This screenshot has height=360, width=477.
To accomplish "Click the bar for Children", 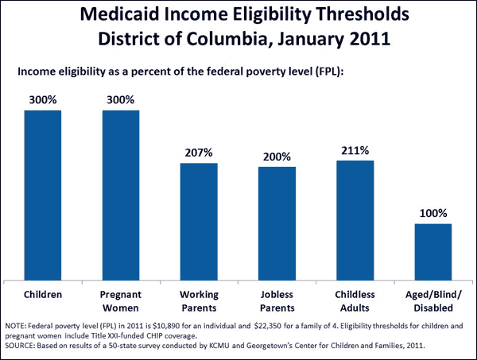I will click(43, 195).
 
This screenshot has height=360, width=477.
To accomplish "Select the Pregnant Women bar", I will click(121, 195).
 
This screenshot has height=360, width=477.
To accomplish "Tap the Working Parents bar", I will click(199, 221).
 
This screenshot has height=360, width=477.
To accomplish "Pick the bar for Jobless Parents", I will click(277, 223).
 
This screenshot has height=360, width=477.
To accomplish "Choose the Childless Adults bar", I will click(355, 220).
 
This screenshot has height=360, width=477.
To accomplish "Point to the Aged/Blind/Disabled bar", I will click(432, 251).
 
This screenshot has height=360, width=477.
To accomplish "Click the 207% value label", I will click(199, 152).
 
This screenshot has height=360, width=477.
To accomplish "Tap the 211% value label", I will click(355, 149).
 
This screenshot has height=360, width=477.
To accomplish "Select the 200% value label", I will click(277, 156).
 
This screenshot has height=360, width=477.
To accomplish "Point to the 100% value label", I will click(432, 213).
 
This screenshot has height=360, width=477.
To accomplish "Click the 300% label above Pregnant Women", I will click(121, 99).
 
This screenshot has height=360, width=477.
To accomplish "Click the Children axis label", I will click(43, 294).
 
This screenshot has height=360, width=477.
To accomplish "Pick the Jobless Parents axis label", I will click(277, 300).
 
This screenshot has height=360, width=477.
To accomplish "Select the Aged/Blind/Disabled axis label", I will click(432, 300).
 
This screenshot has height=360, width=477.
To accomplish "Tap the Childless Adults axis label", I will click(355, 300).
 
